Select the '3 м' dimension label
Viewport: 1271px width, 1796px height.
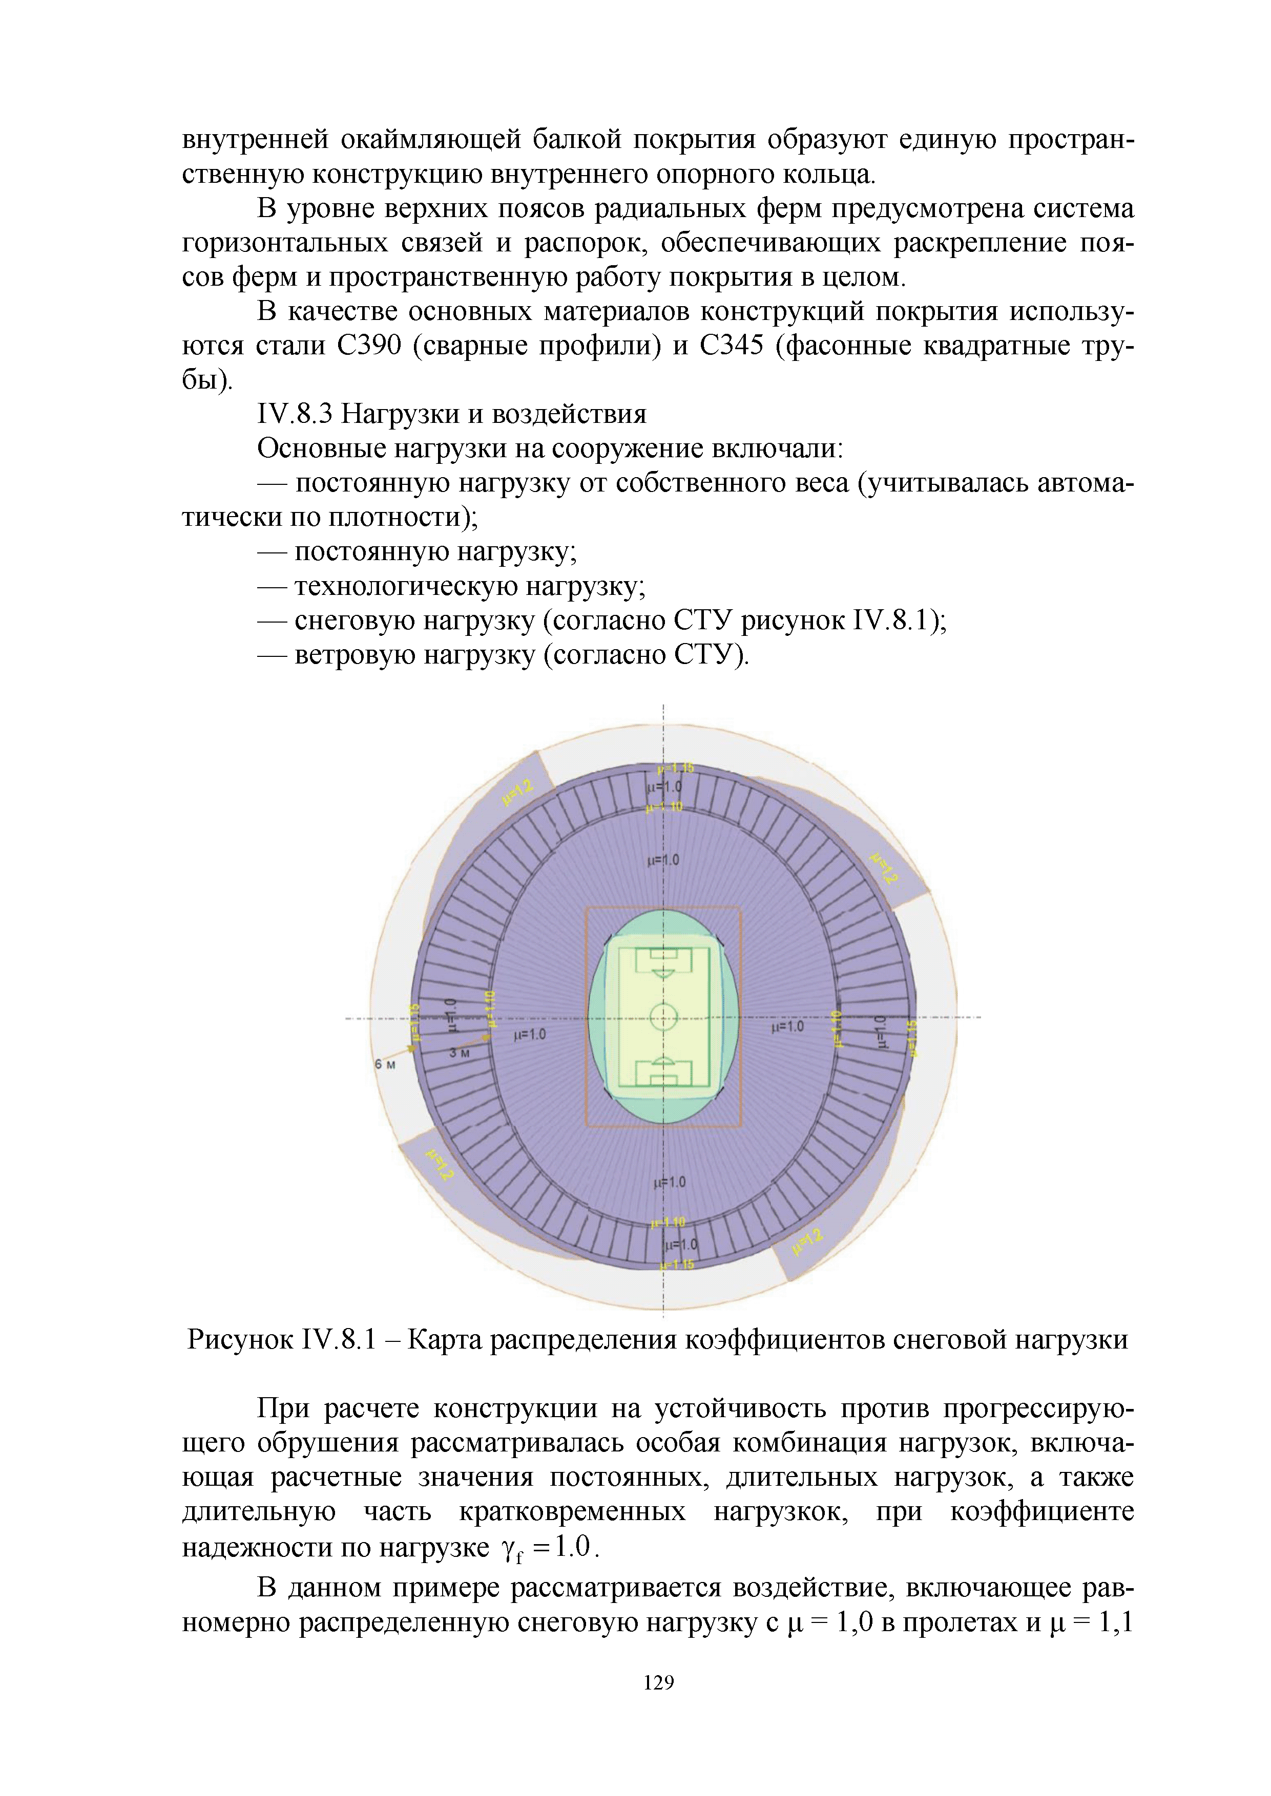(x=460, y=1053)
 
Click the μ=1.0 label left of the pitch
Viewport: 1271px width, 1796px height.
(x=529, y=1034)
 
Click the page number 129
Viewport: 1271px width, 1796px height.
(x=658, y=1682)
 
